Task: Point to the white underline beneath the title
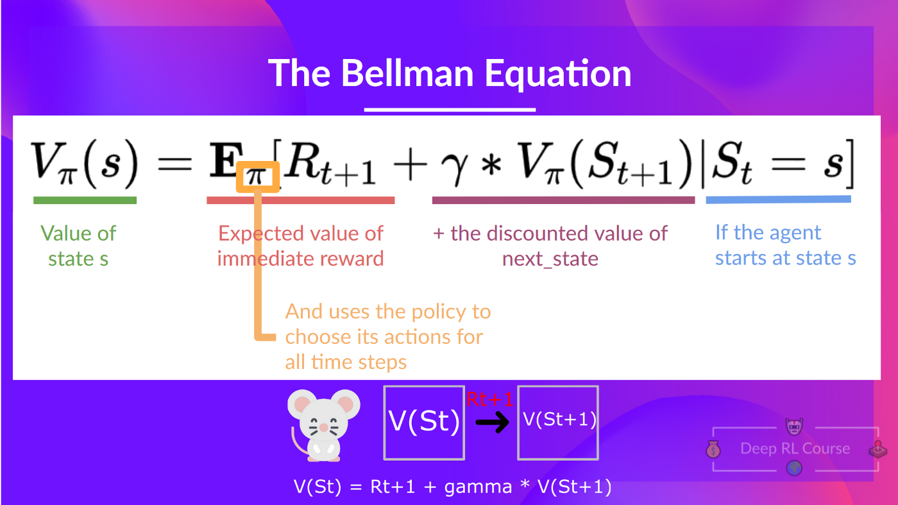coord(450,110)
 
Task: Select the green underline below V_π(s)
coord(85,200)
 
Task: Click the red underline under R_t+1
coord(300,200)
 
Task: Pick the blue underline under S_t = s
coord(778,200)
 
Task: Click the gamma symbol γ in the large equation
coord(452,169)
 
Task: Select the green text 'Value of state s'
coord(78,246)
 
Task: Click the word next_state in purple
coord(550,259)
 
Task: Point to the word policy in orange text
coord(435,312)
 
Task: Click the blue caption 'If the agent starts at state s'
coord(785,245)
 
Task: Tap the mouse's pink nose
coord(324,427)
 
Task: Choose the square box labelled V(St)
coord(423,422)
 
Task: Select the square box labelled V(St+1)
coord(558,422)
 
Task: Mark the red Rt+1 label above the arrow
coord(490,400)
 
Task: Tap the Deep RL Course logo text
coord(795,449)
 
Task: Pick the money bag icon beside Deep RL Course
coord(713,450)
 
